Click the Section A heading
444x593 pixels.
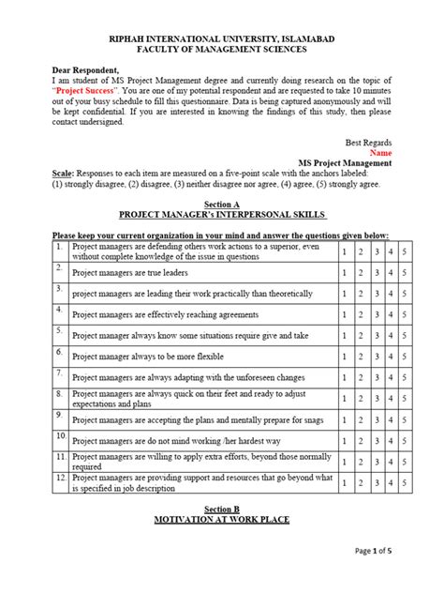click(222, 204)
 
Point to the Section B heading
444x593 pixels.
click(222, 507)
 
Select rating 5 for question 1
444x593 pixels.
click(404, 251)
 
